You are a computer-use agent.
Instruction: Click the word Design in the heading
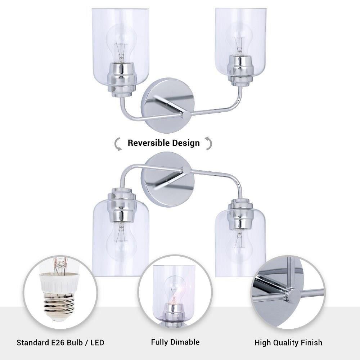pos(186,143)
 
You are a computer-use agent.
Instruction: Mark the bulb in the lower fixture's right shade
pos(239,246)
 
